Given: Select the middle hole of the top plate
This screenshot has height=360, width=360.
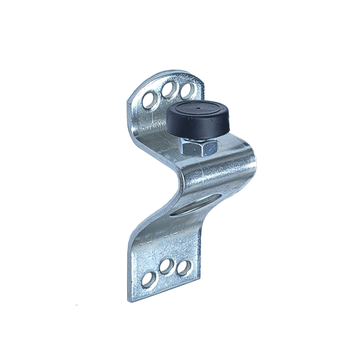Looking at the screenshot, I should pos(168,90).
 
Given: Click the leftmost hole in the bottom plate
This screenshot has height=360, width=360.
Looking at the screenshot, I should pos(148,280).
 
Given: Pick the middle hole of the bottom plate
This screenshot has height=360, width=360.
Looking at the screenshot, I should pos(166,266).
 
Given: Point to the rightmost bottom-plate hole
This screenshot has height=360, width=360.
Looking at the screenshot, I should pos(184,268).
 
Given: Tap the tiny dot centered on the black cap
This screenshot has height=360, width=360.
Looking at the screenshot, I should pos(198,108).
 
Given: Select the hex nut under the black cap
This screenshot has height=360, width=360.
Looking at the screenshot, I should pos(198,148).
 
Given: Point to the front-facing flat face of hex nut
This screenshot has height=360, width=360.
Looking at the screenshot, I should pos(191,148).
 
